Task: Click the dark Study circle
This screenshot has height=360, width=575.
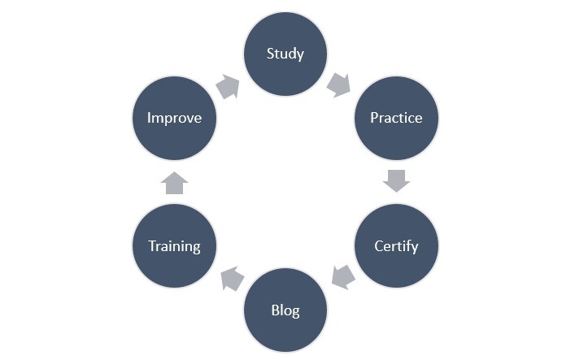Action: click(x=285, y=54)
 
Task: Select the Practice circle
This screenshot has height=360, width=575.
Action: click(x=396, y=118)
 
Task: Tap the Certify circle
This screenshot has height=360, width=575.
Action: click(x=396, y=245)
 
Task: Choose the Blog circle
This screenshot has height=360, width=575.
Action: click(x=285, y=310)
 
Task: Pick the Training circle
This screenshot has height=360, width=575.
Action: click(x=174, y=245)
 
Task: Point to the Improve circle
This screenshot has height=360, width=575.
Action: click(x=174, y=118)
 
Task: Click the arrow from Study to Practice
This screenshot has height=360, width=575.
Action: click(x=339, y=84)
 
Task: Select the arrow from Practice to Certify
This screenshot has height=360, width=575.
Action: click(x=396, y=181)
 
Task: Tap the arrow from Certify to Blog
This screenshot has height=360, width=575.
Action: click(x=342, y=277)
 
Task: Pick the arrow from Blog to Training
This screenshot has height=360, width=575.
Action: click(x=232, y=279)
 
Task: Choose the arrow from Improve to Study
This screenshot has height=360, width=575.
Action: click(x=229, y=86)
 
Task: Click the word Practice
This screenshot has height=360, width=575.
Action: click(x=396, y=118)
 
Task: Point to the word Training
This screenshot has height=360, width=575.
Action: click(x=174, y=246)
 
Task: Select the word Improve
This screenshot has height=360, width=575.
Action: click(x=174, y=119)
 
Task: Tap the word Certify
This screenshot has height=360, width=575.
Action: click(x=396, y=246)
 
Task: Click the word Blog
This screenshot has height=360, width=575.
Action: click(x=285, y=310)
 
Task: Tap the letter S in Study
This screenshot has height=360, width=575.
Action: click(x=271, y=54)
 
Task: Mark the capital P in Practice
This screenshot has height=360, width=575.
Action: click(x=375, y=118)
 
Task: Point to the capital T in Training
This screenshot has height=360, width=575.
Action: click(x=152, y=245)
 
